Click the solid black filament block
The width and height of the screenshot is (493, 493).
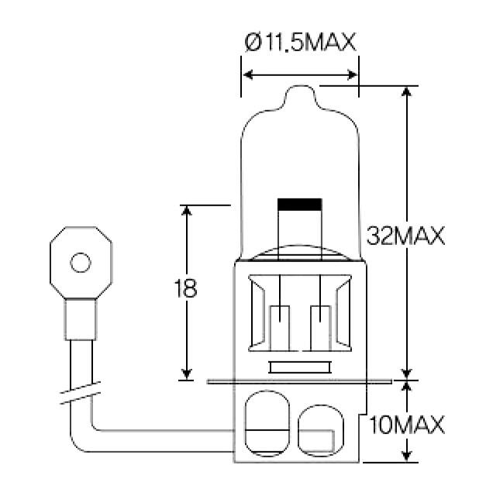click(300, 205)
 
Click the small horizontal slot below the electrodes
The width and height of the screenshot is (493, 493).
click(300, 367)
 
